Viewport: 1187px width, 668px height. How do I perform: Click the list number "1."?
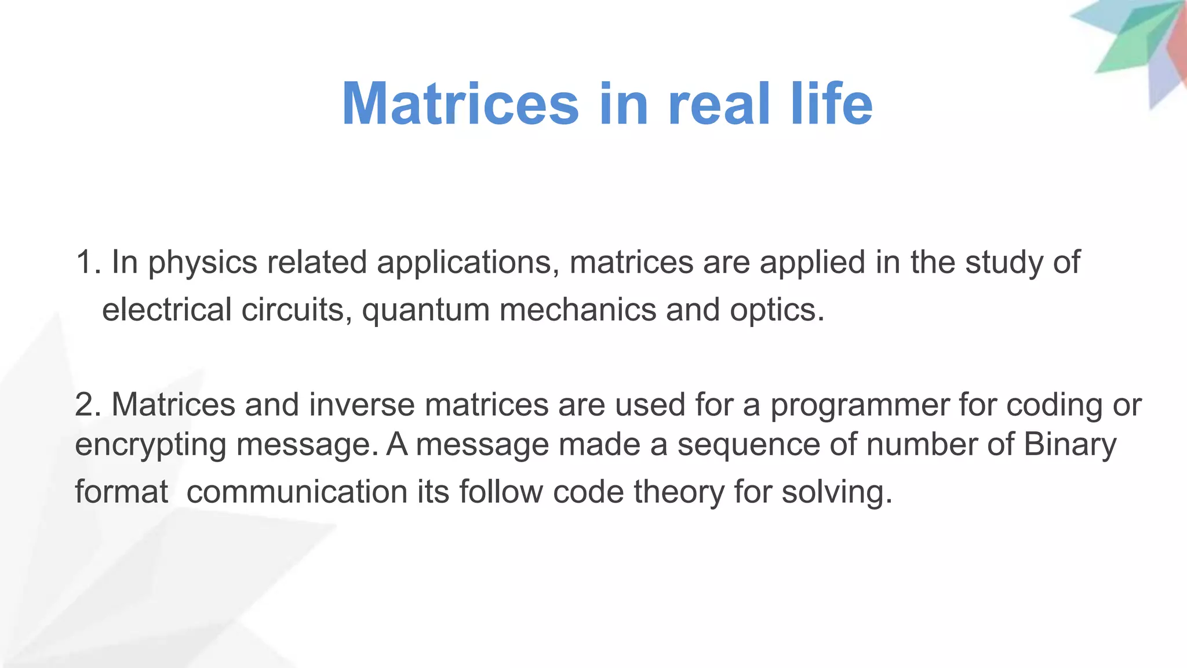point(88,262)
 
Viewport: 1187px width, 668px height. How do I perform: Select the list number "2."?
point(88,405)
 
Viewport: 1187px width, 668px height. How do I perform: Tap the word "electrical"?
point(167,310)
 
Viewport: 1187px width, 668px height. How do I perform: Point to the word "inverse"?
point(362,405)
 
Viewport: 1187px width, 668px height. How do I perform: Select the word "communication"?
point(297,492)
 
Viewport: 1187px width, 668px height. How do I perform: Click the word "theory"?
point(679,493)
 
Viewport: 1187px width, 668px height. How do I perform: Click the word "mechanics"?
point(578,310)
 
